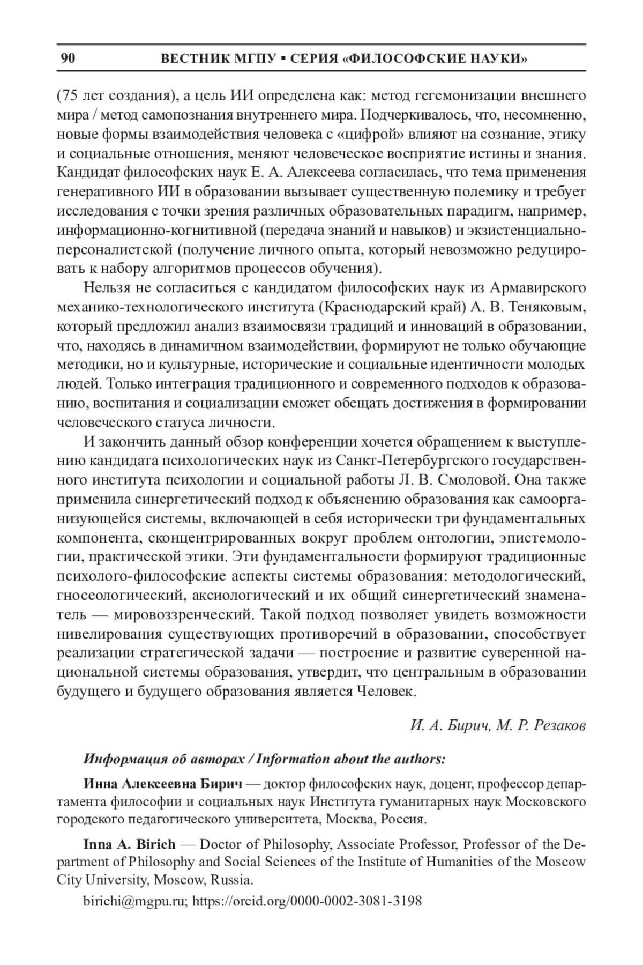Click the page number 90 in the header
pyautogui.click(x=68, y=58)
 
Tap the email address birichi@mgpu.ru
pyautogui.click(x=133, y=901)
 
